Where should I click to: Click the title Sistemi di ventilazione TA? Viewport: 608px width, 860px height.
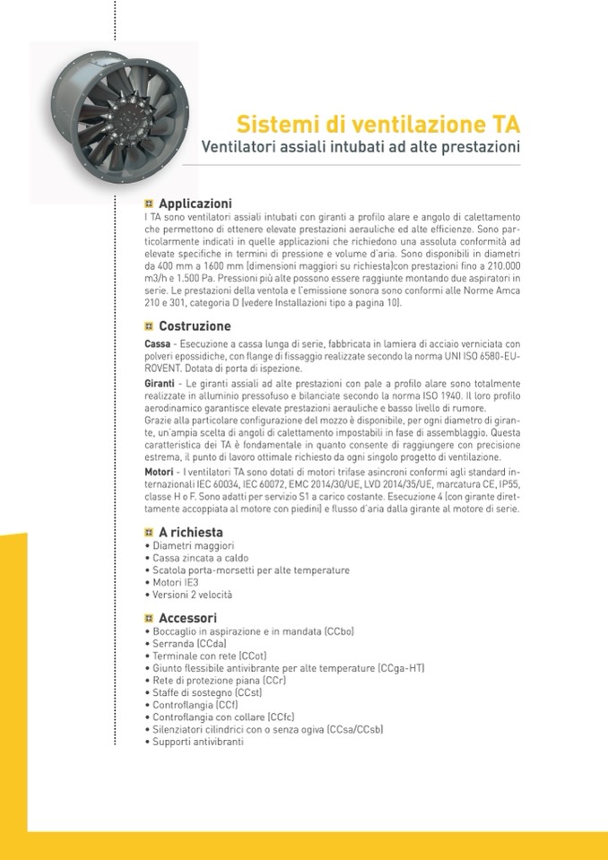(378, 123)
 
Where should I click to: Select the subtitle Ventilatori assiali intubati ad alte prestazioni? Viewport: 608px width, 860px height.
(360, 145)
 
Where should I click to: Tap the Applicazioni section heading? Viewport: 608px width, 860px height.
(195, 204)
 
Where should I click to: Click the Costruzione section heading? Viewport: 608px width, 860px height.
(194, 326)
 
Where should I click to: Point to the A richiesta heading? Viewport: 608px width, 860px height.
(190, 532)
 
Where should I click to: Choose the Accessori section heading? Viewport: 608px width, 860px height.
(187, 618)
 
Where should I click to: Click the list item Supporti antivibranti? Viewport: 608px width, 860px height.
(197, 742)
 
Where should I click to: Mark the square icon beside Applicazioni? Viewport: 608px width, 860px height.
(149, 204)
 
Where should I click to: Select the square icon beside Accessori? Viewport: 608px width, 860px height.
(149, 618)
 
